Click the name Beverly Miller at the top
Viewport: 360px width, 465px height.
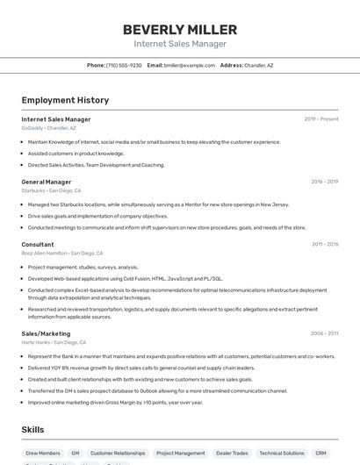180,29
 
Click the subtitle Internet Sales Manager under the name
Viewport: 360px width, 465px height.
180,44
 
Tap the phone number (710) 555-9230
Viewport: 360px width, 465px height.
124,65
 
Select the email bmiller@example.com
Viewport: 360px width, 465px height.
191,65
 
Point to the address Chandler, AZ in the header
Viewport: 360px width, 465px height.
258,65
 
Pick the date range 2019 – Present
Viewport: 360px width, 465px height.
320,118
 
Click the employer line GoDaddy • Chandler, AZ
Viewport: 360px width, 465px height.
48,128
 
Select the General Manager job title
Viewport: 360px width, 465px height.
47,182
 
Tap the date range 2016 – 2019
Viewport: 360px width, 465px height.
324,182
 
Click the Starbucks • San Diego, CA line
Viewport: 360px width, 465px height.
51,190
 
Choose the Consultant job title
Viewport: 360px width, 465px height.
38,244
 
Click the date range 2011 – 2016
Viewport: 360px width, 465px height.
324,244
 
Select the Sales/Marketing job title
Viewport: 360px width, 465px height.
46,333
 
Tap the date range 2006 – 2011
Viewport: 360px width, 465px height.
324,333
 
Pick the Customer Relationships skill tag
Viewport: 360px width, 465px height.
118,454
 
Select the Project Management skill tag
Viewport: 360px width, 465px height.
180,454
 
